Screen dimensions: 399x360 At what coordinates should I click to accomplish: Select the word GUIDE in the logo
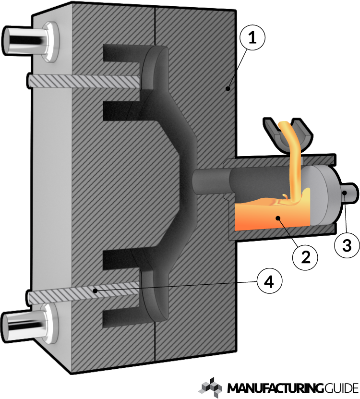[339, 387]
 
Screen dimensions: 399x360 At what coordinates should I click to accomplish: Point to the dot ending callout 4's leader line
[96, 290]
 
